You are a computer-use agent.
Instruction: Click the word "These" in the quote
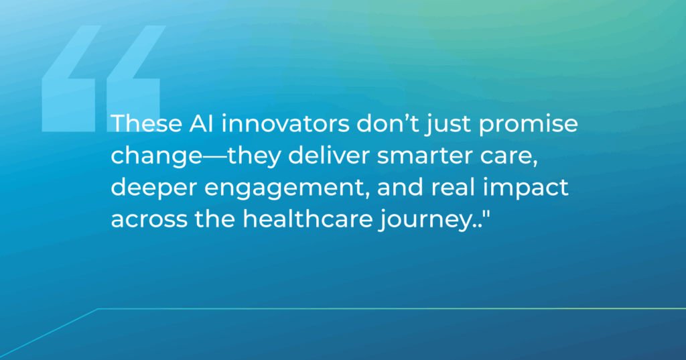tap(147, 123)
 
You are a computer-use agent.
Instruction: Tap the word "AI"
tap(202, 123)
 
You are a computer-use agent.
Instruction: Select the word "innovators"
tap(285, 123)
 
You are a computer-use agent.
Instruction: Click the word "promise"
tap(528, 125)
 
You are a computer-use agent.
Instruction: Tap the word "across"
tap(149, 221)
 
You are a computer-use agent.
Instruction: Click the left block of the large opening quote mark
tap(69, 79)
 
